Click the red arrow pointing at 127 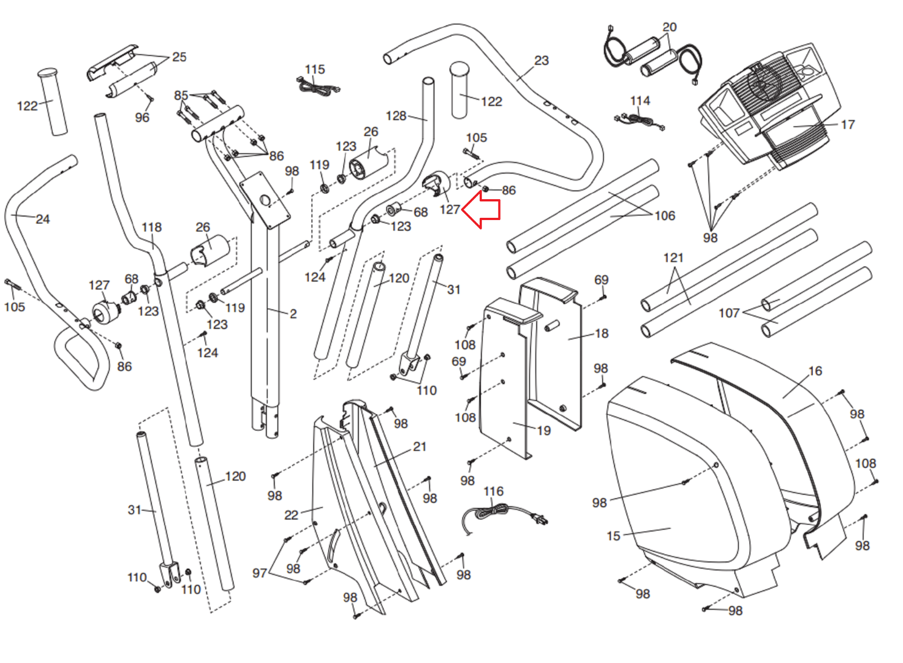481,209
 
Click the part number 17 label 848,125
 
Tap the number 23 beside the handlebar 541,60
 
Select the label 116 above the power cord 493,491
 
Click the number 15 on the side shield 613,536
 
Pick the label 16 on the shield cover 815,371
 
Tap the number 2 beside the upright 293,314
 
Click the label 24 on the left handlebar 43,219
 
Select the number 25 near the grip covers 179,57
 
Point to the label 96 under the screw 142,118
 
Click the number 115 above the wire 315,69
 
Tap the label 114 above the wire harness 640,101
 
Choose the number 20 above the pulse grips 669,28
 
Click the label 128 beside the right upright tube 396,116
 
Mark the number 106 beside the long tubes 665,216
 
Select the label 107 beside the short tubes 729,313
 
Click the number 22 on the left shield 291,515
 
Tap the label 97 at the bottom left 260,573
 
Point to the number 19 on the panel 544,431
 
